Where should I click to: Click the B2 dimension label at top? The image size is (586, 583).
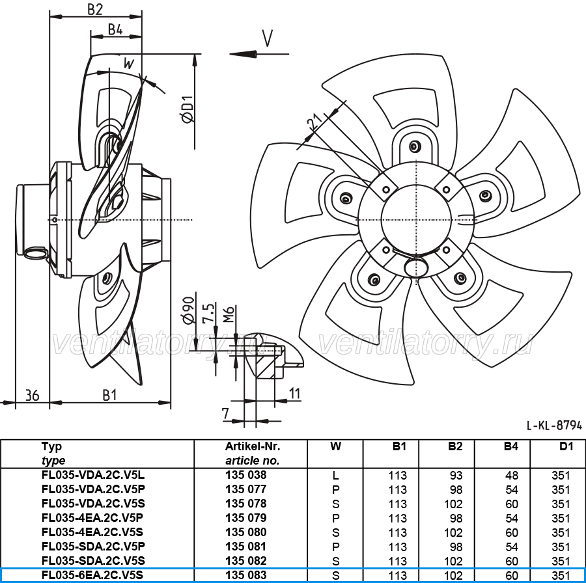95,9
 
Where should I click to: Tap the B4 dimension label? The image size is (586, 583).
115,29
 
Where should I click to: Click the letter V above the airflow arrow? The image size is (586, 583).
268,38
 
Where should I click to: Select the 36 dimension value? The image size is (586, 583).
32,395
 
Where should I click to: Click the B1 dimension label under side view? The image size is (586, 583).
110,395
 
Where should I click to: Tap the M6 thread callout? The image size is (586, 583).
229,314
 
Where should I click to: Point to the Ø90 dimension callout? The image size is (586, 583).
188,310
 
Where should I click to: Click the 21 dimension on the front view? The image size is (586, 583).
314,122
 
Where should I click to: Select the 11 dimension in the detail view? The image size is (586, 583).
295,393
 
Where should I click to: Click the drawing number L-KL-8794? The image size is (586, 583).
554,426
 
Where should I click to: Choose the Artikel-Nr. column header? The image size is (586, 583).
253,446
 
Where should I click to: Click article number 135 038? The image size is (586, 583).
246,475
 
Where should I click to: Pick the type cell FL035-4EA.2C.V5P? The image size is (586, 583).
92,518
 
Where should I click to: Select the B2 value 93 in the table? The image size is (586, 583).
456,476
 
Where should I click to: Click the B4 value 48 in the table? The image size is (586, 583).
512,476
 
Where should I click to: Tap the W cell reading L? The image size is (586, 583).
335,476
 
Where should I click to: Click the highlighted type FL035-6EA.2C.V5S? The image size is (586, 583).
92,575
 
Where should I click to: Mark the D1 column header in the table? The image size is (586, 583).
566,446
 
